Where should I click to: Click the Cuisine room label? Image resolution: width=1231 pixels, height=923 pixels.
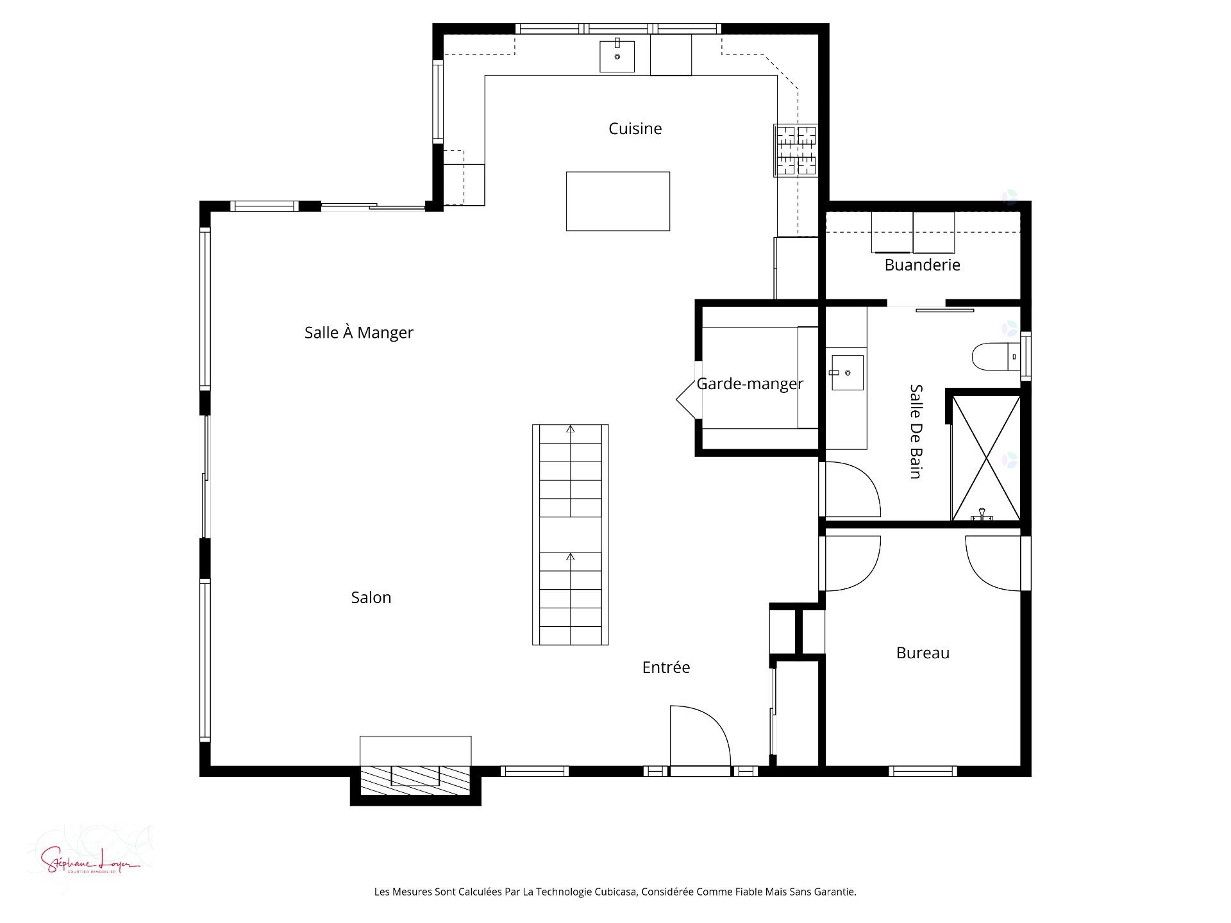(x=635, y=129)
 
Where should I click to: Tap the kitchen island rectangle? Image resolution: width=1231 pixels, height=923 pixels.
(x=617, y=201)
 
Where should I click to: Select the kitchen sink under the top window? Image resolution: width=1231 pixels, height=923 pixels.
(x=617, y=56)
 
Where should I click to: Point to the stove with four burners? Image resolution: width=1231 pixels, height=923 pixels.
(x=796, y=151)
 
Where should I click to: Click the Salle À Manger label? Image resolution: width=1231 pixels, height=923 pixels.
(x=358, y=333)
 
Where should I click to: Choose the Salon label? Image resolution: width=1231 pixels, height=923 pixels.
(x=371, y=597)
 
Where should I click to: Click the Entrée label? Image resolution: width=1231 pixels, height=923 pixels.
(x=666, y=667)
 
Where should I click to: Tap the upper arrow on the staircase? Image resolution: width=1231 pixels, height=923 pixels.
(x=570, y=429)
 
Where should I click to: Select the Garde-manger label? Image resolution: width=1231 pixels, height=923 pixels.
(x=749, y=384)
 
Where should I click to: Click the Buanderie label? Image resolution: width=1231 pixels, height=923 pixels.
(x=922, y=265)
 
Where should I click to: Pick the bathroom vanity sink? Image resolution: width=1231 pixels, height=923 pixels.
(x=847, y=373)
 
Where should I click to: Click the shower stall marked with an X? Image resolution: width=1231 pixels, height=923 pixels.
(x=985, y=458)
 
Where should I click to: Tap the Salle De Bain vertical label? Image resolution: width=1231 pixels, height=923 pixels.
(x=916, y=431)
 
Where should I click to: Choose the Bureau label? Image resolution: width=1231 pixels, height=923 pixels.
(x=923, y=653)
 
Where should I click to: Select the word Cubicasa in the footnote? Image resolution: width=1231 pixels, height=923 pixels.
(x=615, y=892)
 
